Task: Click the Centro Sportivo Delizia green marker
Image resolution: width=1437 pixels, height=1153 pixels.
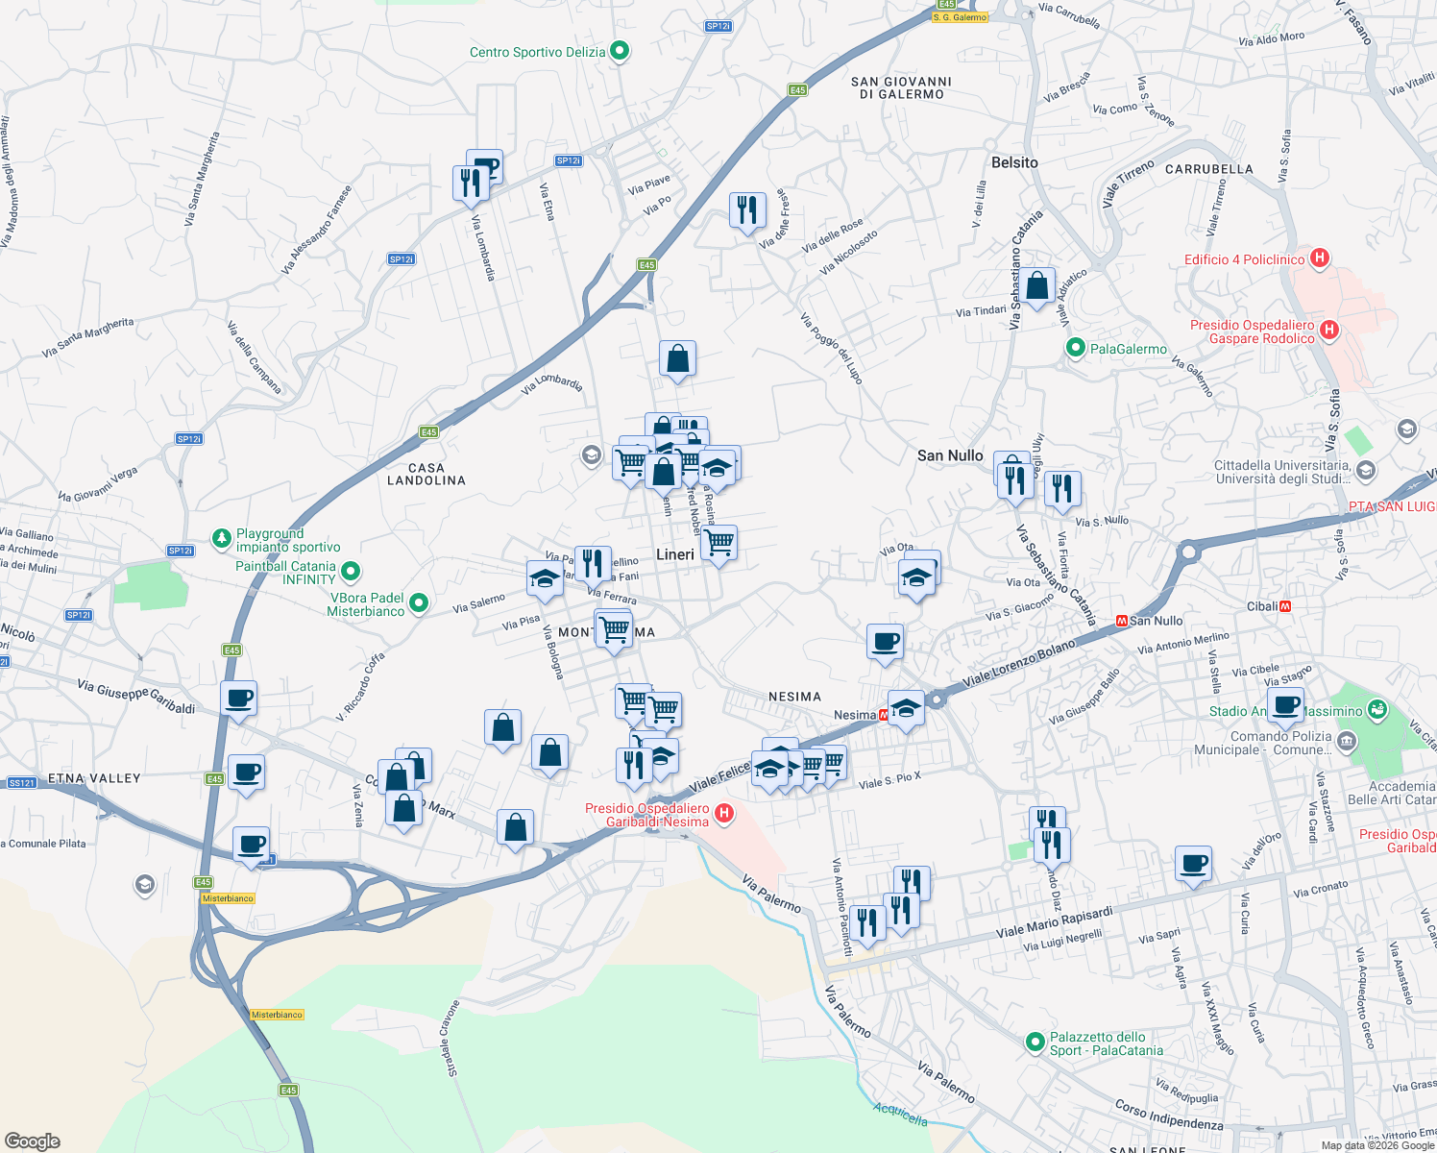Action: coord(620,51)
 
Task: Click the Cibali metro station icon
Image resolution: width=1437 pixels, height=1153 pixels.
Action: coord(1285,606)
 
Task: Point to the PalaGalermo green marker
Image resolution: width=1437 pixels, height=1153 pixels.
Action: coord(1076,349)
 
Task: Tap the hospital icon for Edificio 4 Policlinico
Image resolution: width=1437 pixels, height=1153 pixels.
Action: coord(1320,258)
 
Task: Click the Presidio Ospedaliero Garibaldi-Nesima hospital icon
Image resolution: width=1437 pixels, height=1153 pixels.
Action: coord(724,815)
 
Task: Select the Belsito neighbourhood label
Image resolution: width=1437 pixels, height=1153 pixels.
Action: coord(1014,162)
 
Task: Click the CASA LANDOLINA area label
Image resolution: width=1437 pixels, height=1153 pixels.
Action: coord(426,474)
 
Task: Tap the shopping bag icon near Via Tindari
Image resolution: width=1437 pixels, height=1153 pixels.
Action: coord(1036,286)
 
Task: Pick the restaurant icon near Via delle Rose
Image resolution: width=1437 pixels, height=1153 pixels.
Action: coord(746,209)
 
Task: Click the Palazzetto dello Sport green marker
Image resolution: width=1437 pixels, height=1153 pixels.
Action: coord(1035,1042)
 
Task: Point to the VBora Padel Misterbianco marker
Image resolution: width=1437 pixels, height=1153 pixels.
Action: coord(419,603)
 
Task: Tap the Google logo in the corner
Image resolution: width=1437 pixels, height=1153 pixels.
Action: coord(32,1141)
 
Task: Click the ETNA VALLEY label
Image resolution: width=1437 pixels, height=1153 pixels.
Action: coord(94,778)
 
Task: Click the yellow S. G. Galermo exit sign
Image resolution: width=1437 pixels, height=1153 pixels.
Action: coord(960,17)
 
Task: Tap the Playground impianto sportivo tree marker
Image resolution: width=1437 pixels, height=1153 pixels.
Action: coord(222,537)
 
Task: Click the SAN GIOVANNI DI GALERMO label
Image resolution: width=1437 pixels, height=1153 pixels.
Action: coord(901,87)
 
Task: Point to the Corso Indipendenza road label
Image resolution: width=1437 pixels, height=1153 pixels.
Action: coord(1169,1115)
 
